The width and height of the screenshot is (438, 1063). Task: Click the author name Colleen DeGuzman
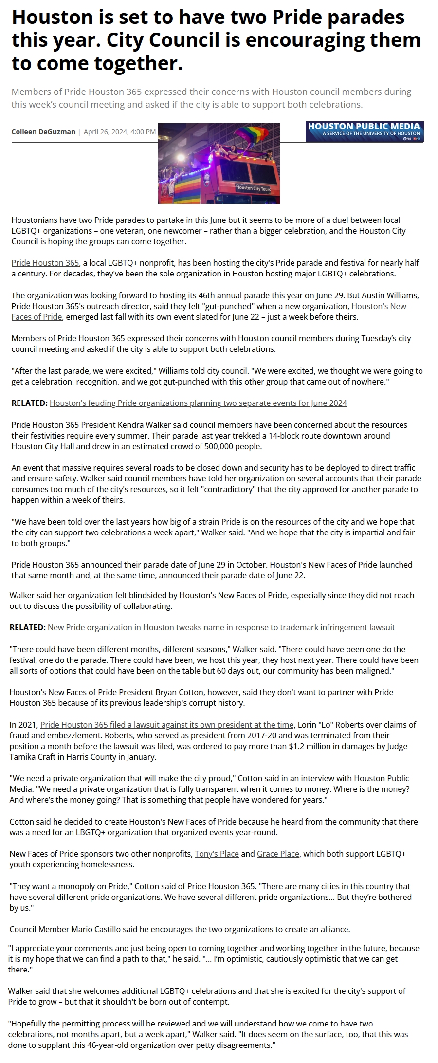(x=43, y=132)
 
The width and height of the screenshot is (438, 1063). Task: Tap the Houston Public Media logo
(x=364, y=131)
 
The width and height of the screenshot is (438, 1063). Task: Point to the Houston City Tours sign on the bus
(x=253, y=187)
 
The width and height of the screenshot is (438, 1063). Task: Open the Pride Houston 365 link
(x=45, y=263)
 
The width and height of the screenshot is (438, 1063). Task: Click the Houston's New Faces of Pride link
(x=379, y=306)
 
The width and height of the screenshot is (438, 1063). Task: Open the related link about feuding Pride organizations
(x=198, y=403)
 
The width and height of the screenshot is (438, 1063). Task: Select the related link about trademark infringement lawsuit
(x=221, y=627)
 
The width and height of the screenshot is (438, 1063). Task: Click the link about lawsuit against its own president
(x=167, y=725)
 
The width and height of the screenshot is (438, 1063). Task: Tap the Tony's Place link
(x=217, y=854)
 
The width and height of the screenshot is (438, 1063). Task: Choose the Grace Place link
(x=278, y=854)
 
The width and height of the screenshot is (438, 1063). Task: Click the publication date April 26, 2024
(x=120, y=132)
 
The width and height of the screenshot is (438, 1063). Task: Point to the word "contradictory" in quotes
(x=225, y=489)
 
